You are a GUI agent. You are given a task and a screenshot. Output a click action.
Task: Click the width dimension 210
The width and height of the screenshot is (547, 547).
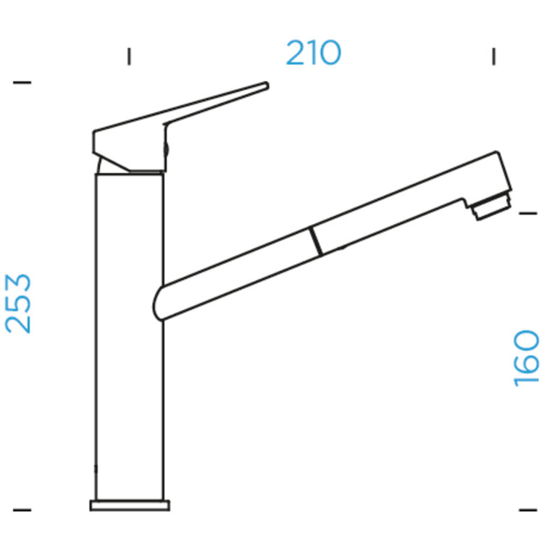coord(313,54)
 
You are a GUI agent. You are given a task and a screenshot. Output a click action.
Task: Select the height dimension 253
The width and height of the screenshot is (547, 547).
coord(19,303)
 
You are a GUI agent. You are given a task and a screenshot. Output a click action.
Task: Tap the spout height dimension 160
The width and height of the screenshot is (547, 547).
coord(527,358)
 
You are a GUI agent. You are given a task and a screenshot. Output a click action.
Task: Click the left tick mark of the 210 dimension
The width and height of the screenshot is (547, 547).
coord(129,56)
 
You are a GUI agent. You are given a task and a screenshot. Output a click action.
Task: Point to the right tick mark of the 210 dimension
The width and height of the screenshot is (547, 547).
coord(493,56)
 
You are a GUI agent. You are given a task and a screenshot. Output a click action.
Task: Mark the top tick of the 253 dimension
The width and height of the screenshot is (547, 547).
coord(22,83)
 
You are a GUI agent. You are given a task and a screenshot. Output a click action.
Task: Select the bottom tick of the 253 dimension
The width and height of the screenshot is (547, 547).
coord(22,510)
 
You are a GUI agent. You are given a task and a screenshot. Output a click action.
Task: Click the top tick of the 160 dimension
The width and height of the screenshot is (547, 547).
coord(527,212)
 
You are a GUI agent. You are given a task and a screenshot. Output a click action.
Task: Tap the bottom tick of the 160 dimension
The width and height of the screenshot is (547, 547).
coord(527,510)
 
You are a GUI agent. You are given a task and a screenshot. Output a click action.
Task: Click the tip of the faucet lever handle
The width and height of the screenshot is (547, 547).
coord(265,86)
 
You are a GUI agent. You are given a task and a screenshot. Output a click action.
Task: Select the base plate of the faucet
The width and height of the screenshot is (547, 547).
coord(130,505)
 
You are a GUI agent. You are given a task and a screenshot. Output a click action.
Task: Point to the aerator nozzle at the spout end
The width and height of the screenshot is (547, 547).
coord(490,208)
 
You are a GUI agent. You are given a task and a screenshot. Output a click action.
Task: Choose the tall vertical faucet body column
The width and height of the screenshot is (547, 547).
coord(130,333)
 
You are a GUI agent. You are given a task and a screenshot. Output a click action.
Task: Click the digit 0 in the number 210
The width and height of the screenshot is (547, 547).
coord(328,54)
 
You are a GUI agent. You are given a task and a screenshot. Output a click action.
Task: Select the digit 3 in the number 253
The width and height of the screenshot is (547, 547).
coord(19,284)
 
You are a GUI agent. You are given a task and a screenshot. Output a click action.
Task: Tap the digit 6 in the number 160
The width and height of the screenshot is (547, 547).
coord(527,358)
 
